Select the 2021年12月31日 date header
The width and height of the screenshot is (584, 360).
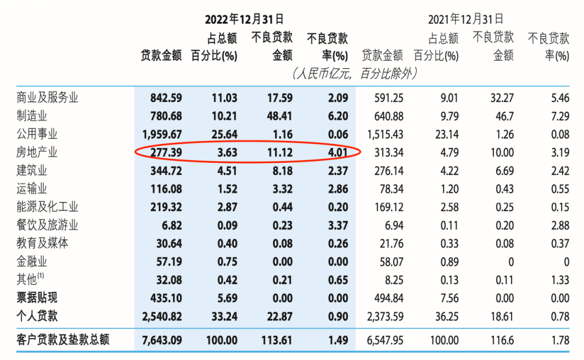pos(465,20)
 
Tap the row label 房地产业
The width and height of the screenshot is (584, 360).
pos(37,152)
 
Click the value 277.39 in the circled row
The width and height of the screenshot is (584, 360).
pos(165,152)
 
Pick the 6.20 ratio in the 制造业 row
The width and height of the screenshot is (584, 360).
pos(336,116)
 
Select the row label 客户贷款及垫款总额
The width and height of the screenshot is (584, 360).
pos(63,339)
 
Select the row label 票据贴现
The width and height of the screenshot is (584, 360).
pos(37,298)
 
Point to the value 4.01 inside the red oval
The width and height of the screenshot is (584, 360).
pos(336,152)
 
